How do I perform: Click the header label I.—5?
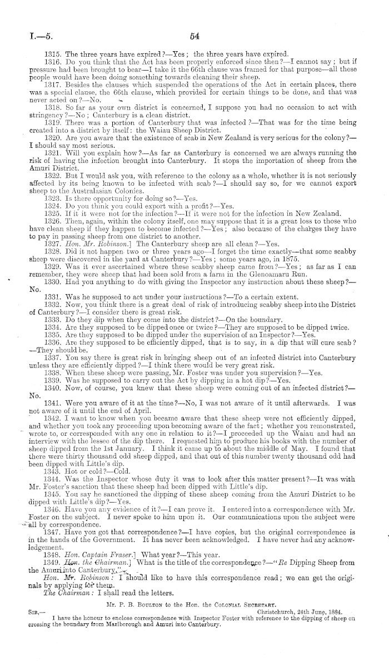tap(27, 38)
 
